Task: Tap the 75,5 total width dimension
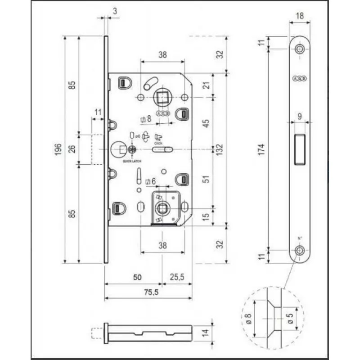(x=148, y=292)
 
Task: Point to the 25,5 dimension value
(x=177, y=278)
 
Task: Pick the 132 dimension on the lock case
(x=220, y=148)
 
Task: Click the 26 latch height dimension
(x=72, y=148)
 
